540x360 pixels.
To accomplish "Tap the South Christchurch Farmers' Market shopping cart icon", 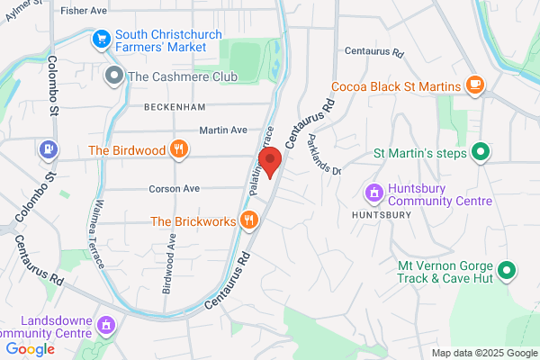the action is coord(101,40).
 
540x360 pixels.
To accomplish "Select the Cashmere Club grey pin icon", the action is coord(113,76).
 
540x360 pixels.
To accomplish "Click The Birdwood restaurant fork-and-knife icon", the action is coord(179,150).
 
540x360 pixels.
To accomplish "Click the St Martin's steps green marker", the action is coord(481,152).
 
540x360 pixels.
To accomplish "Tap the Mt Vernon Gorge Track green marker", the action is coord(507,269).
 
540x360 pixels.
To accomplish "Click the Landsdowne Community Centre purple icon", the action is coord(107,324).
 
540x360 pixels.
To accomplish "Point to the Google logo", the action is coord(30,349).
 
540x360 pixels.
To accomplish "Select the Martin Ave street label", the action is coord(223,130).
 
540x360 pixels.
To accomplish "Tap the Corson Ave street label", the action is coord(174,190).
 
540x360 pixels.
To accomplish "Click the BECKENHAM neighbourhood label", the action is coord(170,106).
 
